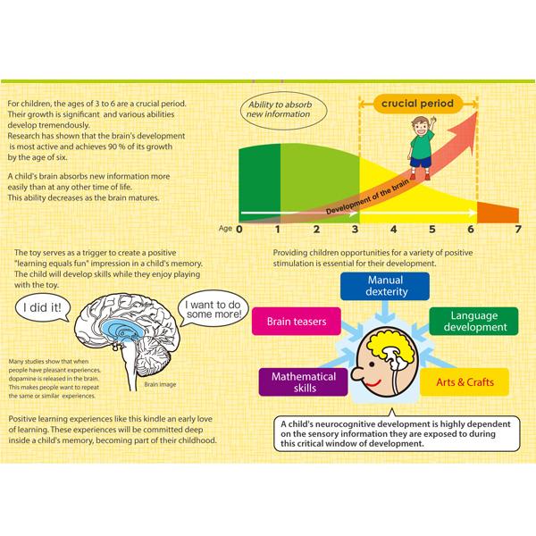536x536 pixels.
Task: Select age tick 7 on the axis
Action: [x=517, y=230]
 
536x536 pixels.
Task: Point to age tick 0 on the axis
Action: [x=239, y=230]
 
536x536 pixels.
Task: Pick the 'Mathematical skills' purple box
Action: [x=303, y=382]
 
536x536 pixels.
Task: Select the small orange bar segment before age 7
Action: [x=498, y=214]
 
